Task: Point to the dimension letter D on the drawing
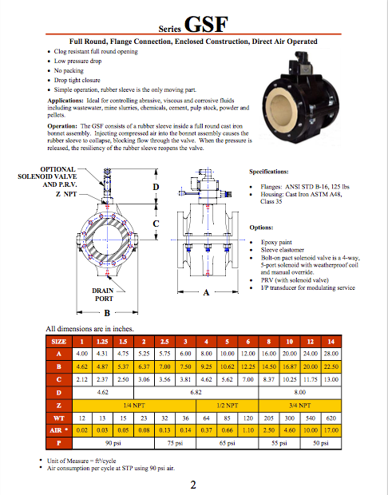coord(156,187)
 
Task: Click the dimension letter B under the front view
coord(105,313)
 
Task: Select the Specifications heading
coord(274,172)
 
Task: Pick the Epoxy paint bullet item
coord(276,241)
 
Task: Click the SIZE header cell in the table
coord(58,341)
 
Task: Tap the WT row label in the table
coord(58,418)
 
